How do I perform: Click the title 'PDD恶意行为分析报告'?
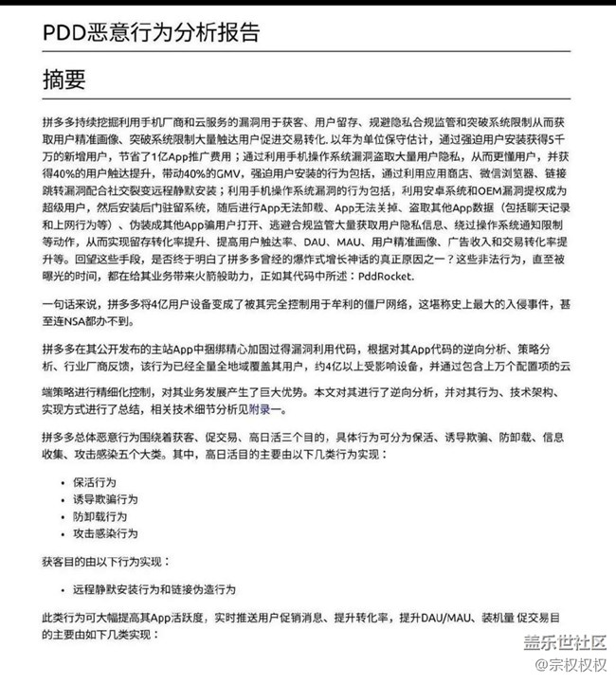151,31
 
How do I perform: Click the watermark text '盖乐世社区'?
563,644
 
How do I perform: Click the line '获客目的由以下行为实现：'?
105,561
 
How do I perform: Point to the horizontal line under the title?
307,50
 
